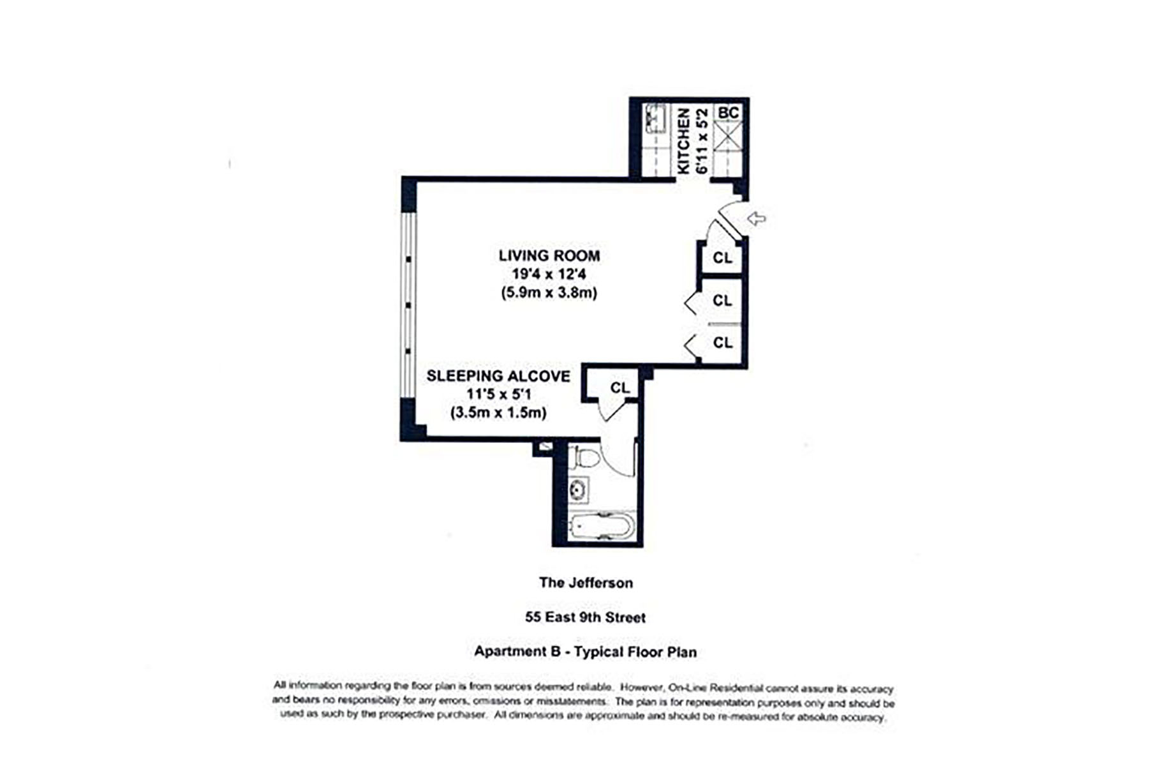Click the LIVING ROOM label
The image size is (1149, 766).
pyautogui.click(x=549, y=256)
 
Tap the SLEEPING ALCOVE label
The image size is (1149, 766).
pyautogui.click(x=498, y=376)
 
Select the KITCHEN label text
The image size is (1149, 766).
pyautogui.click(x=683, y=140)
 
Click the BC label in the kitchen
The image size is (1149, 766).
pyautogui.click(x=729, y=113)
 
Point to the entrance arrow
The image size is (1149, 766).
pyautogui.click(x=757, y=219)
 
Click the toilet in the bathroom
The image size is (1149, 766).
pyautogui.click(x=586, y=457)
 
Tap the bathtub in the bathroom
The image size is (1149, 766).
pyautogui.click(x=602, y=527)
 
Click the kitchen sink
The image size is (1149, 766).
pyautogui.click(x=655, y=119)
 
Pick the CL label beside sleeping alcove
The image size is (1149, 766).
pyautogui.click(x=619, y=387)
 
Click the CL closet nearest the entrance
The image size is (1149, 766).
pyautogui.click(x=722, y=258)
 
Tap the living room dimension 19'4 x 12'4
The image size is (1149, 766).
pyautogui.click(x=549, y=274)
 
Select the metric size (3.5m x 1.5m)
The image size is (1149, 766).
pyautogui.click(x=498, y=412)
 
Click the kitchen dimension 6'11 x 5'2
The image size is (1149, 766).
pyautogui.click(x=702, y=140)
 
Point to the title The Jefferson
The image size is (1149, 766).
pyautogui.click(x=586, y=583)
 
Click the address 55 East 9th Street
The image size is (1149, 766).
pyautogui.click(x=586, y=617)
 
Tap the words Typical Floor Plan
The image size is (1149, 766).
pyautogui.click(x=635, y=652)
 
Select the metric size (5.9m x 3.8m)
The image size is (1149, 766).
pyautogui.click(x=549, y=293)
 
